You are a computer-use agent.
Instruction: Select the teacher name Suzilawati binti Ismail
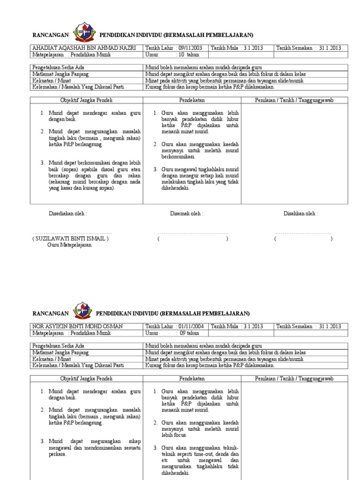[x=70, y=239]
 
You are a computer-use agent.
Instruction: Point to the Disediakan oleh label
[x=68, y=213]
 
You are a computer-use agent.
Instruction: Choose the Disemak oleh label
[x=187, y=213]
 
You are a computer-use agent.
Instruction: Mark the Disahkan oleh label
[x=300, y=213]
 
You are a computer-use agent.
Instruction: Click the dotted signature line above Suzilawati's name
[x=72, y=233]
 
